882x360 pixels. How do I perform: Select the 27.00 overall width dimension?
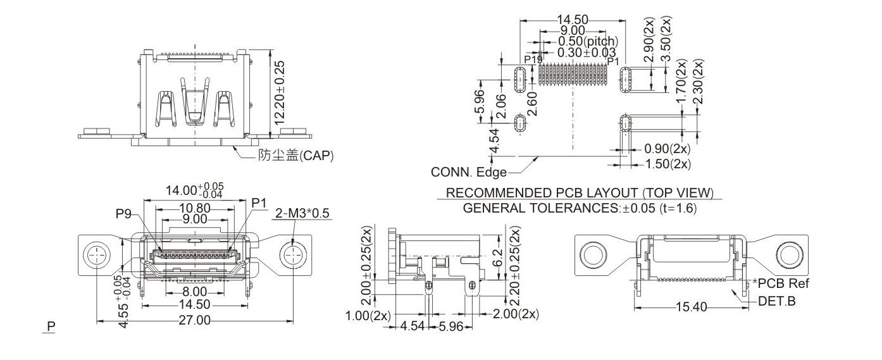click(194, 321)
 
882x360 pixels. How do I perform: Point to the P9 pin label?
click(123, 214)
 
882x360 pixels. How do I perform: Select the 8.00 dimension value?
click(194, 292)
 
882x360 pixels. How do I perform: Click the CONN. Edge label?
click(469, 172)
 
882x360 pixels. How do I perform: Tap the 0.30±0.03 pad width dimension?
click(587, 51)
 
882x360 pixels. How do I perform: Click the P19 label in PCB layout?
click(533, 60)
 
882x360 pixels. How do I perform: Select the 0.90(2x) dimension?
click(666, 150)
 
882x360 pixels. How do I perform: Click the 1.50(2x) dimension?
click(666, 164)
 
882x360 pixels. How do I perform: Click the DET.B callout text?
click(776, 301)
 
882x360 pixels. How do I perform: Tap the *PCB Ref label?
click(781, 283)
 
